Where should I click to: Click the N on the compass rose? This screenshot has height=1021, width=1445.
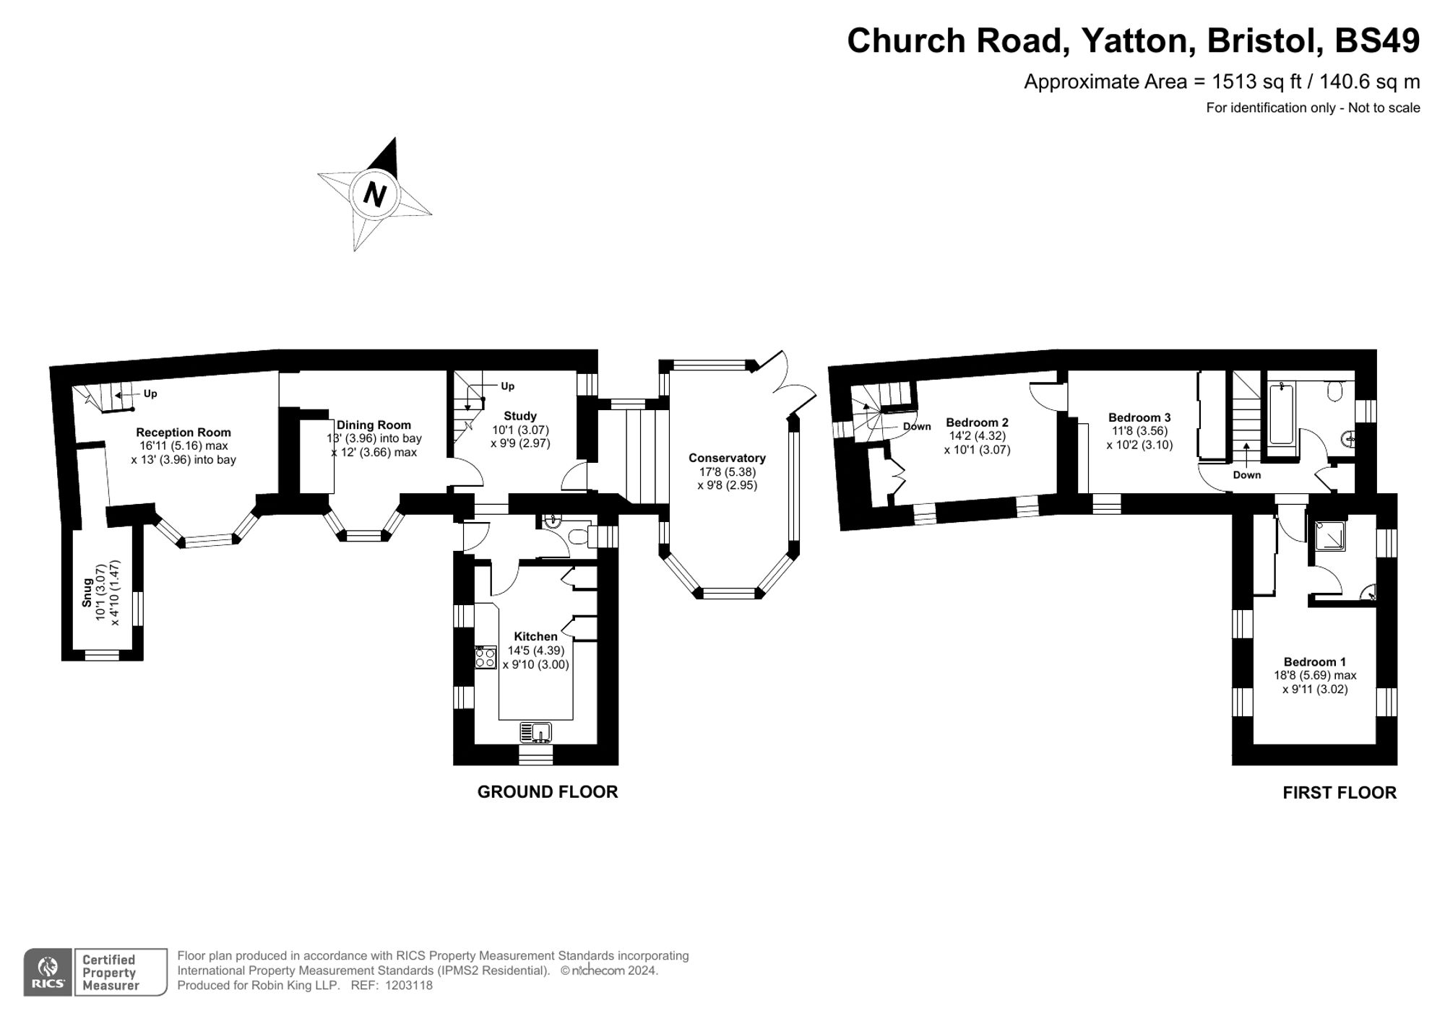[x=374, y=194]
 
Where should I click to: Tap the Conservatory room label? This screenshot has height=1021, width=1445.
[x=727, y=458]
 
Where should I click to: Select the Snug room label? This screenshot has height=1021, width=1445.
[x=87, y=591]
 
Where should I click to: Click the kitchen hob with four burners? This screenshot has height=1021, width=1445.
[x=486, y=658]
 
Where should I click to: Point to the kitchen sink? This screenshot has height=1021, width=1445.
[x=535, y=732]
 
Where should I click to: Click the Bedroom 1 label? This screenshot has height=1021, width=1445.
[x=1314, y=661]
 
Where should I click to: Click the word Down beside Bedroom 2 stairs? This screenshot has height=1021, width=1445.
[x=917, y=427]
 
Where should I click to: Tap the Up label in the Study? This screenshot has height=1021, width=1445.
[x=507, y=386]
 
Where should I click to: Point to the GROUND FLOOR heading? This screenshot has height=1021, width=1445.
[x=547, y=792]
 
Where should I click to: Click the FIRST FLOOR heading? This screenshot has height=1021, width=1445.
[x=1339, y=793]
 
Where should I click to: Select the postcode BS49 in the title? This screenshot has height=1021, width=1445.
[x=1376, y=40]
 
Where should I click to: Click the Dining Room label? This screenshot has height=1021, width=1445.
[x=374, y=425]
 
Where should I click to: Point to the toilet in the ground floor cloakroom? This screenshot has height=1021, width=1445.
[x=579, y=537]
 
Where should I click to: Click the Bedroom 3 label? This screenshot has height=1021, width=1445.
[x=1139, y=417]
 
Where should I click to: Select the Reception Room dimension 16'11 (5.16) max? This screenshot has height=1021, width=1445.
[x=184, y=446]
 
